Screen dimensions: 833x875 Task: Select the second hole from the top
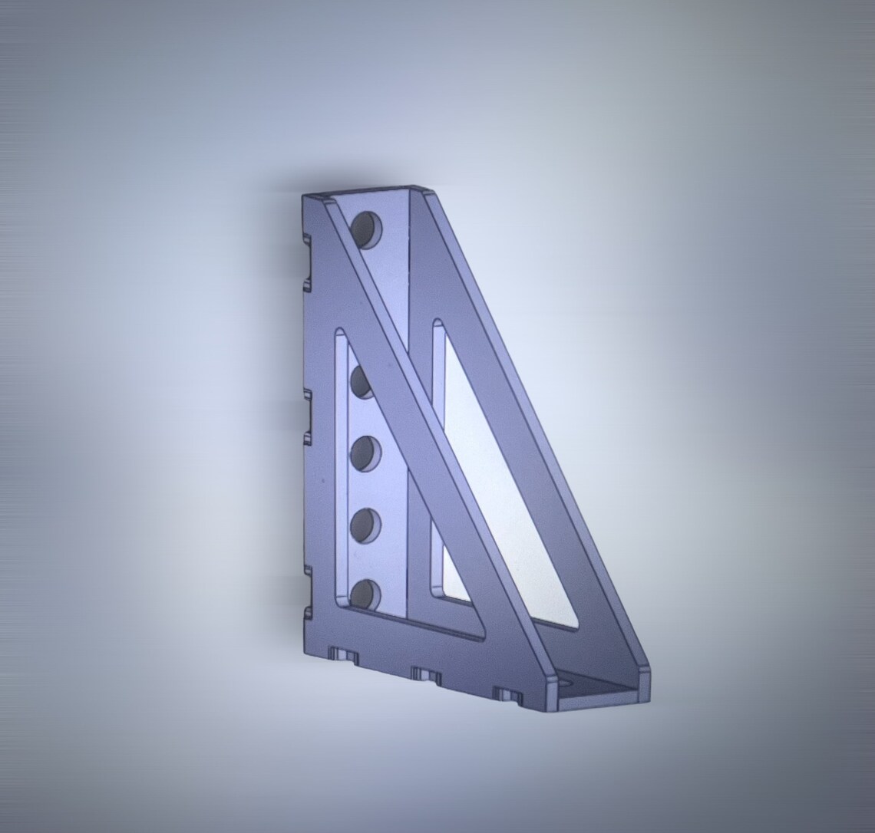(362, 382)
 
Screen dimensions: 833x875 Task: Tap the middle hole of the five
(366, 453)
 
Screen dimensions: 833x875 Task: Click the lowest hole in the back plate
(366, 594)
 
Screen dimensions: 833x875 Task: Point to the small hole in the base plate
(566, 681)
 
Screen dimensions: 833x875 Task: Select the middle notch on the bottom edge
(427, 675)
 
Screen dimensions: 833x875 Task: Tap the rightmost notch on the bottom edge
(507, 696)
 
